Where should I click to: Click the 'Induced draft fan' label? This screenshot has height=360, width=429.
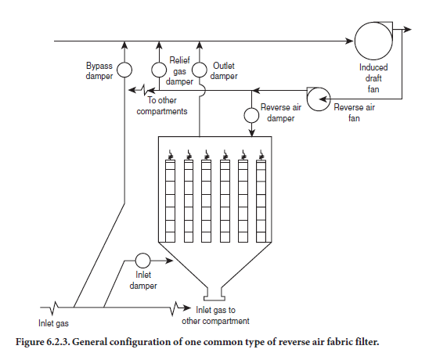point(373,78)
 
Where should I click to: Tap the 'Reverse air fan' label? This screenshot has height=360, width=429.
point(354,113)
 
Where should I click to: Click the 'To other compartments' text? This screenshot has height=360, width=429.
point(162,106)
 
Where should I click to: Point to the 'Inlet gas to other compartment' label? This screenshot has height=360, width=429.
point(215,315)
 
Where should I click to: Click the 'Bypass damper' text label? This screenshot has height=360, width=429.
point(99,71)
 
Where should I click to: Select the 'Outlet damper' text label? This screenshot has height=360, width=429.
point(224,71)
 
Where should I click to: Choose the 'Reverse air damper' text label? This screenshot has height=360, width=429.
point(281,113)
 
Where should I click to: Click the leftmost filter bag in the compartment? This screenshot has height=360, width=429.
point(170,201)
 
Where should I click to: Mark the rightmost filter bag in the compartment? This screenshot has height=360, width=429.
point(261,201)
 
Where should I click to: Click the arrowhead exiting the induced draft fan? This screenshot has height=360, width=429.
point(408,29)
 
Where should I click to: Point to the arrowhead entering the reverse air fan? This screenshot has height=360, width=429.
point(323,99)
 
